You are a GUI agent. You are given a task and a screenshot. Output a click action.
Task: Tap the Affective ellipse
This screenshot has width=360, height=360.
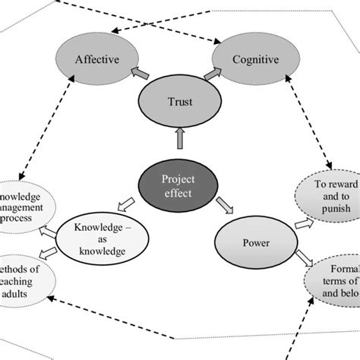pos(96,58)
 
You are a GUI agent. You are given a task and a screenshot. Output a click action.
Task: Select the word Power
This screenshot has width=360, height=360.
pos(256,245)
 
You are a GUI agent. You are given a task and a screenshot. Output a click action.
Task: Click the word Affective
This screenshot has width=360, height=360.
pos(96,58)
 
